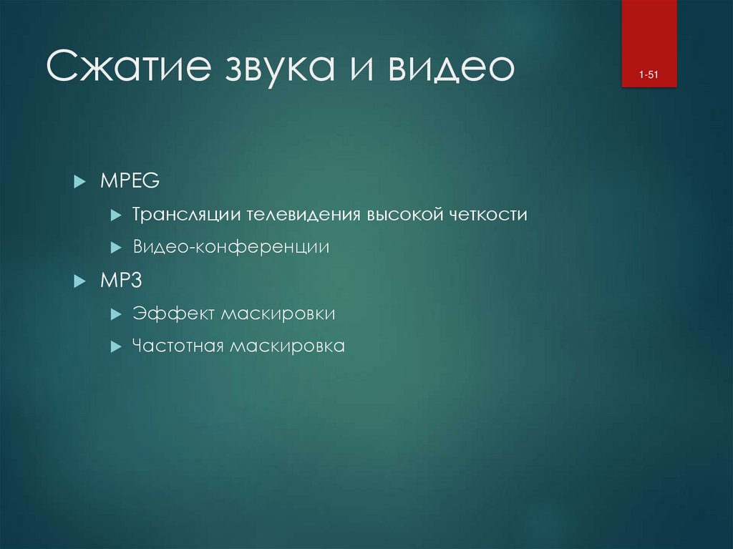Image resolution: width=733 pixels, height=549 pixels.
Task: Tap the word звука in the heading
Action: (280, 68)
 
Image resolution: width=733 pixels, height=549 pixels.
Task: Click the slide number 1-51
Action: (649, 75)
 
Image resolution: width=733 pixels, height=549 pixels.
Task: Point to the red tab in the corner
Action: (649, 44)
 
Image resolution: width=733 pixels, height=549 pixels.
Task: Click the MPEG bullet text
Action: (130, 180)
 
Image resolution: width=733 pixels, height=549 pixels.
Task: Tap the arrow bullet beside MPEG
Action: (80, 181)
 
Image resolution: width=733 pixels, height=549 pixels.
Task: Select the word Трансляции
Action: (187, 215)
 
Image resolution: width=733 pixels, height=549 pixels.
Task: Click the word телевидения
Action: (304, 214)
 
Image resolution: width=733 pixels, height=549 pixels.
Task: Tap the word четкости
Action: (488, 215)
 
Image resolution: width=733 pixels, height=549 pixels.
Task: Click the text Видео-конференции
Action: (231, 247)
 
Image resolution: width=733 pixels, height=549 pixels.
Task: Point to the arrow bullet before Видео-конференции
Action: (116, 248)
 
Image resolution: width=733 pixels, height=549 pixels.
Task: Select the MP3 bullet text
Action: (121, 281)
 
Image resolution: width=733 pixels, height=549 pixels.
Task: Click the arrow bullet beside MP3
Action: (80, 281)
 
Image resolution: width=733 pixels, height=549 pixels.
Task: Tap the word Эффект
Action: (173, 314)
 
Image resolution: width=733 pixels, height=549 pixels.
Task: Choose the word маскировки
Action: (278, 314)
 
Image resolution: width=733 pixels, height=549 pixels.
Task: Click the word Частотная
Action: (178, 346)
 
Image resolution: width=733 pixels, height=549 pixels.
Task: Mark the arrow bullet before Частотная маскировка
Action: (116, 346)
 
